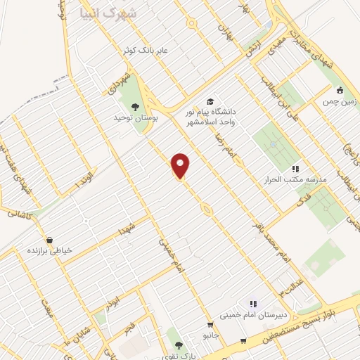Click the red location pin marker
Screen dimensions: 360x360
pyautogui.click(x=181, y=166)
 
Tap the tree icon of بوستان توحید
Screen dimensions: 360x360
pyautogui.click(x=135, y=107)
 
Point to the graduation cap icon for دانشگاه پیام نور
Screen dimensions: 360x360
pyautogui.click(x=210, y=101)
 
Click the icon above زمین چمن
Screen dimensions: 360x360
pyautogui.click(x=340, y=90)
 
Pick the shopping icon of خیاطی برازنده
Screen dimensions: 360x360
pyautogui.click(x=49, y=240)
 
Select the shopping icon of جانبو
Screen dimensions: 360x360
pyautogui.click(x=210, y=325)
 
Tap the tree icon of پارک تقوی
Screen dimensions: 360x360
pyautogui.click(x=179, y=345)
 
